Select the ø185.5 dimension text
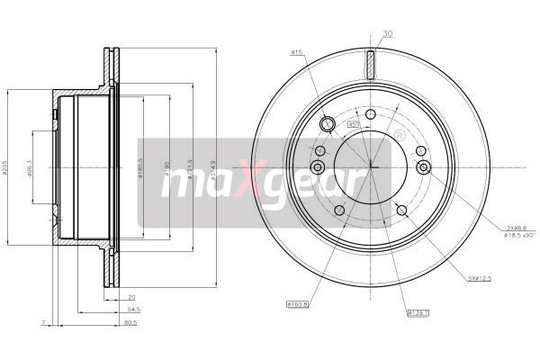[140, 167]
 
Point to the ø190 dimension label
[167, 166]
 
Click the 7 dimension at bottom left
[42, 321]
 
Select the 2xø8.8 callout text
[517, 229]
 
